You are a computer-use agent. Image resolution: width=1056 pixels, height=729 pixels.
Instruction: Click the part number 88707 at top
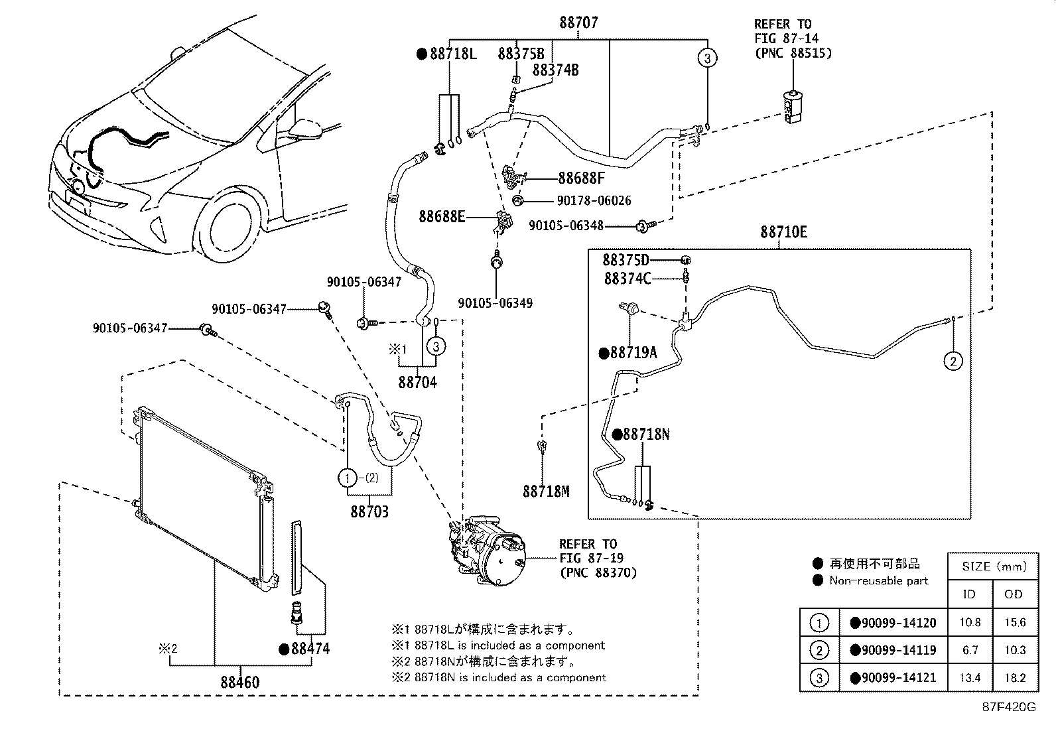(578, 23)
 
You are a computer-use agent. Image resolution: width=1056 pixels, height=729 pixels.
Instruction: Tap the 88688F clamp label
(581, 178)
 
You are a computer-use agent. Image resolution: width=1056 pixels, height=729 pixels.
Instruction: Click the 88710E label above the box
(783, 232)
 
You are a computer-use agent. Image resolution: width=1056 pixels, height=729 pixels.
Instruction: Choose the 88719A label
(633, 353)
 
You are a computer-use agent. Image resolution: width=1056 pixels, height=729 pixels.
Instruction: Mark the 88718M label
(546, 491)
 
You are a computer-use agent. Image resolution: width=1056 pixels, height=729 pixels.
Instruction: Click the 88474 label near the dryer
(310, 649)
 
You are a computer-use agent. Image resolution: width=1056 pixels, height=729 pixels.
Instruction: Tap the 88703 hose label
(369, 511)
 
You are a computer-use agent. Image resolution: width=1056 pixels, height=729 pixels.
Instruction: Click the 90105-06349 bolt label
(495, 303)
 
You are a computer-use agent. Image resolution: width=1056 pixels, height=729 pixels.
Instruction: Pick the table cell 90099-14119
(898, 650)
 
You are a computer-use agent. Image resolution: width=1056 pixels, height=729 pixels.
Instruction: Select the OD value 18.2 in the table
(1014, 677)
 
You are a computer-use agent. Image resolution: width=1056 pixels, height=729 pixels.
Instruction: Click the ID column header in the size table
(969, 594)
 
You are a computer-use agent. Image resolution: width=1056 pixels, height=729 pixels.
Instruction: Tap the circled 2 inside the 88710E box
(953, 361)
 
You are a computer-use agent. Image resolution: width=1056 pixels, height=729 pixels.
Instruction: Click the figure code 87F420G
(1008, 706)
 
